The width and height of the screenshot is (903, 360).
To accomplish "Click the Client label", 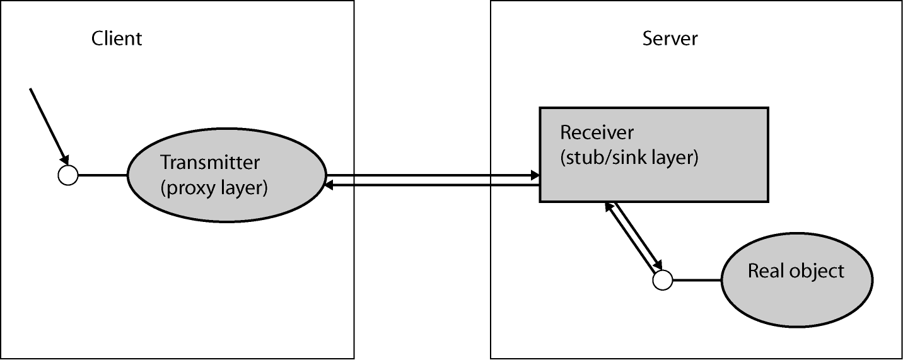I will (117, 38).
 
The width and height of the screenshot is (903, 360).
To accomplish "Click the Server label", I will (670, 38).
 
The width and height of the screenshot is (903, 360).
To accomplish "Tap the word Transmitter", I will (210, 162).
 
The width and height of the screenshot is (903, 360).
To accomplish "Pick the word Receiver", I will (597, 134).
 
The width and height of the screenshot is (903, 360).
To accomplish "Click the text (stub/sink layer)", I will (629, 158).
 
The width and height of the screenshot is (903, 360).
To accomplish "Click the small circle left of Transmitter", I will (67, 175).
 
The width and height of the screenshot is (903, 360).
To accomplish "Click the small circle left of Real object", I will (662, 279).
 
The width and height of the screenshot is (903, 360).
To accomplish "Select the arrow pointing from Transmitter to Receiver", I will (429, 175).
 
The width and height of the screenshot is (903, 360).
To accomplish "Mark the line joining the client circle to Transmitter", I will (102, 175).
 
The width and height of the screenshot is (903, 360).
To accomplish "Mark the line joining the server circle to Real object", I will (696, 279).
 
